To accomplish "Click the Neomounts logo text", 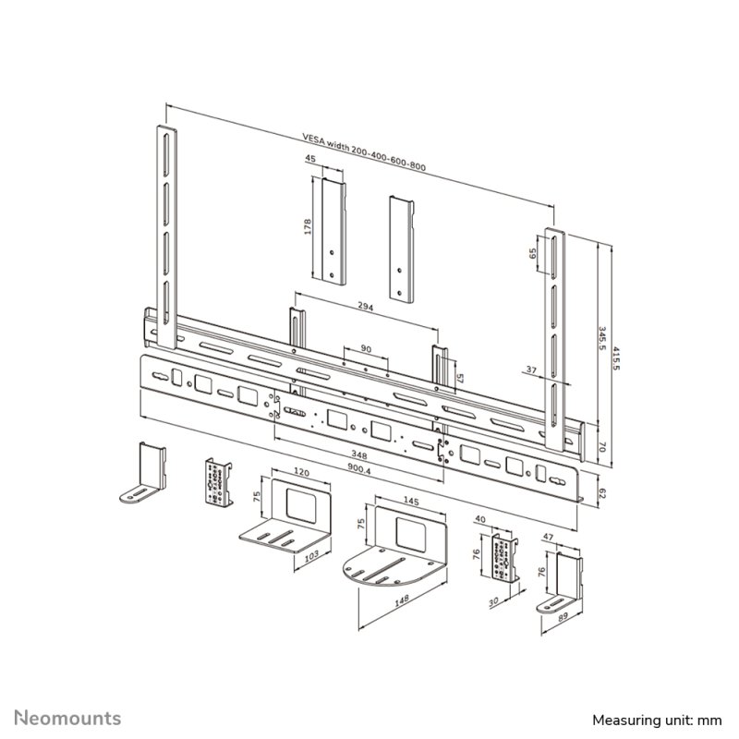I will coord(67,717).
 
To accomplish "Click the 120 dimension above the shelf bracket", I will coord(300,470).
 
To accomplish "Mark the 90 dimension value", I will coord(366,349).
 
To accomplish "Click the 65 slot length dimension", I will coord(533,256).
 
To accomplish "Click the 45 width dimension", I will coord(310,160).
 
